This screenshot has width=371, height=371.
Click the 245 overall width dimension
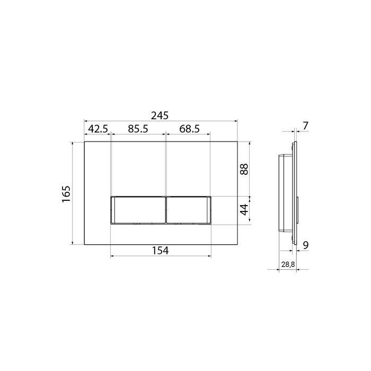160,116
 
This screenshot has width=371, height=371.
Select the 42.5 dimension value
98,129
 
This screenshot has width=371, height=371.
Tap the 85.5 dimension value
138,129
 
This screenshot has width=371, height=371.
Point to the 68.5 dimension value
189,129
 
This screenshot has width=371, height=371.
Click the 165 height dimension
66,194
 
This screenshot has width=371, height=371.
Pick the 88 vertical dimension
244,169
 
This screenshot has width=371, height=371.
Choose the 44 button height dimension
244,209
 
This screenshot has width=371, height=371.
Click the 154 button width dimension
160,251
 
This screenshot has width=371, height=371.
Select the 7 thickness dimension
306,126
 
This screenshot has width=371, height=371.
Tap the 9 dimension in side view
306,245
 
